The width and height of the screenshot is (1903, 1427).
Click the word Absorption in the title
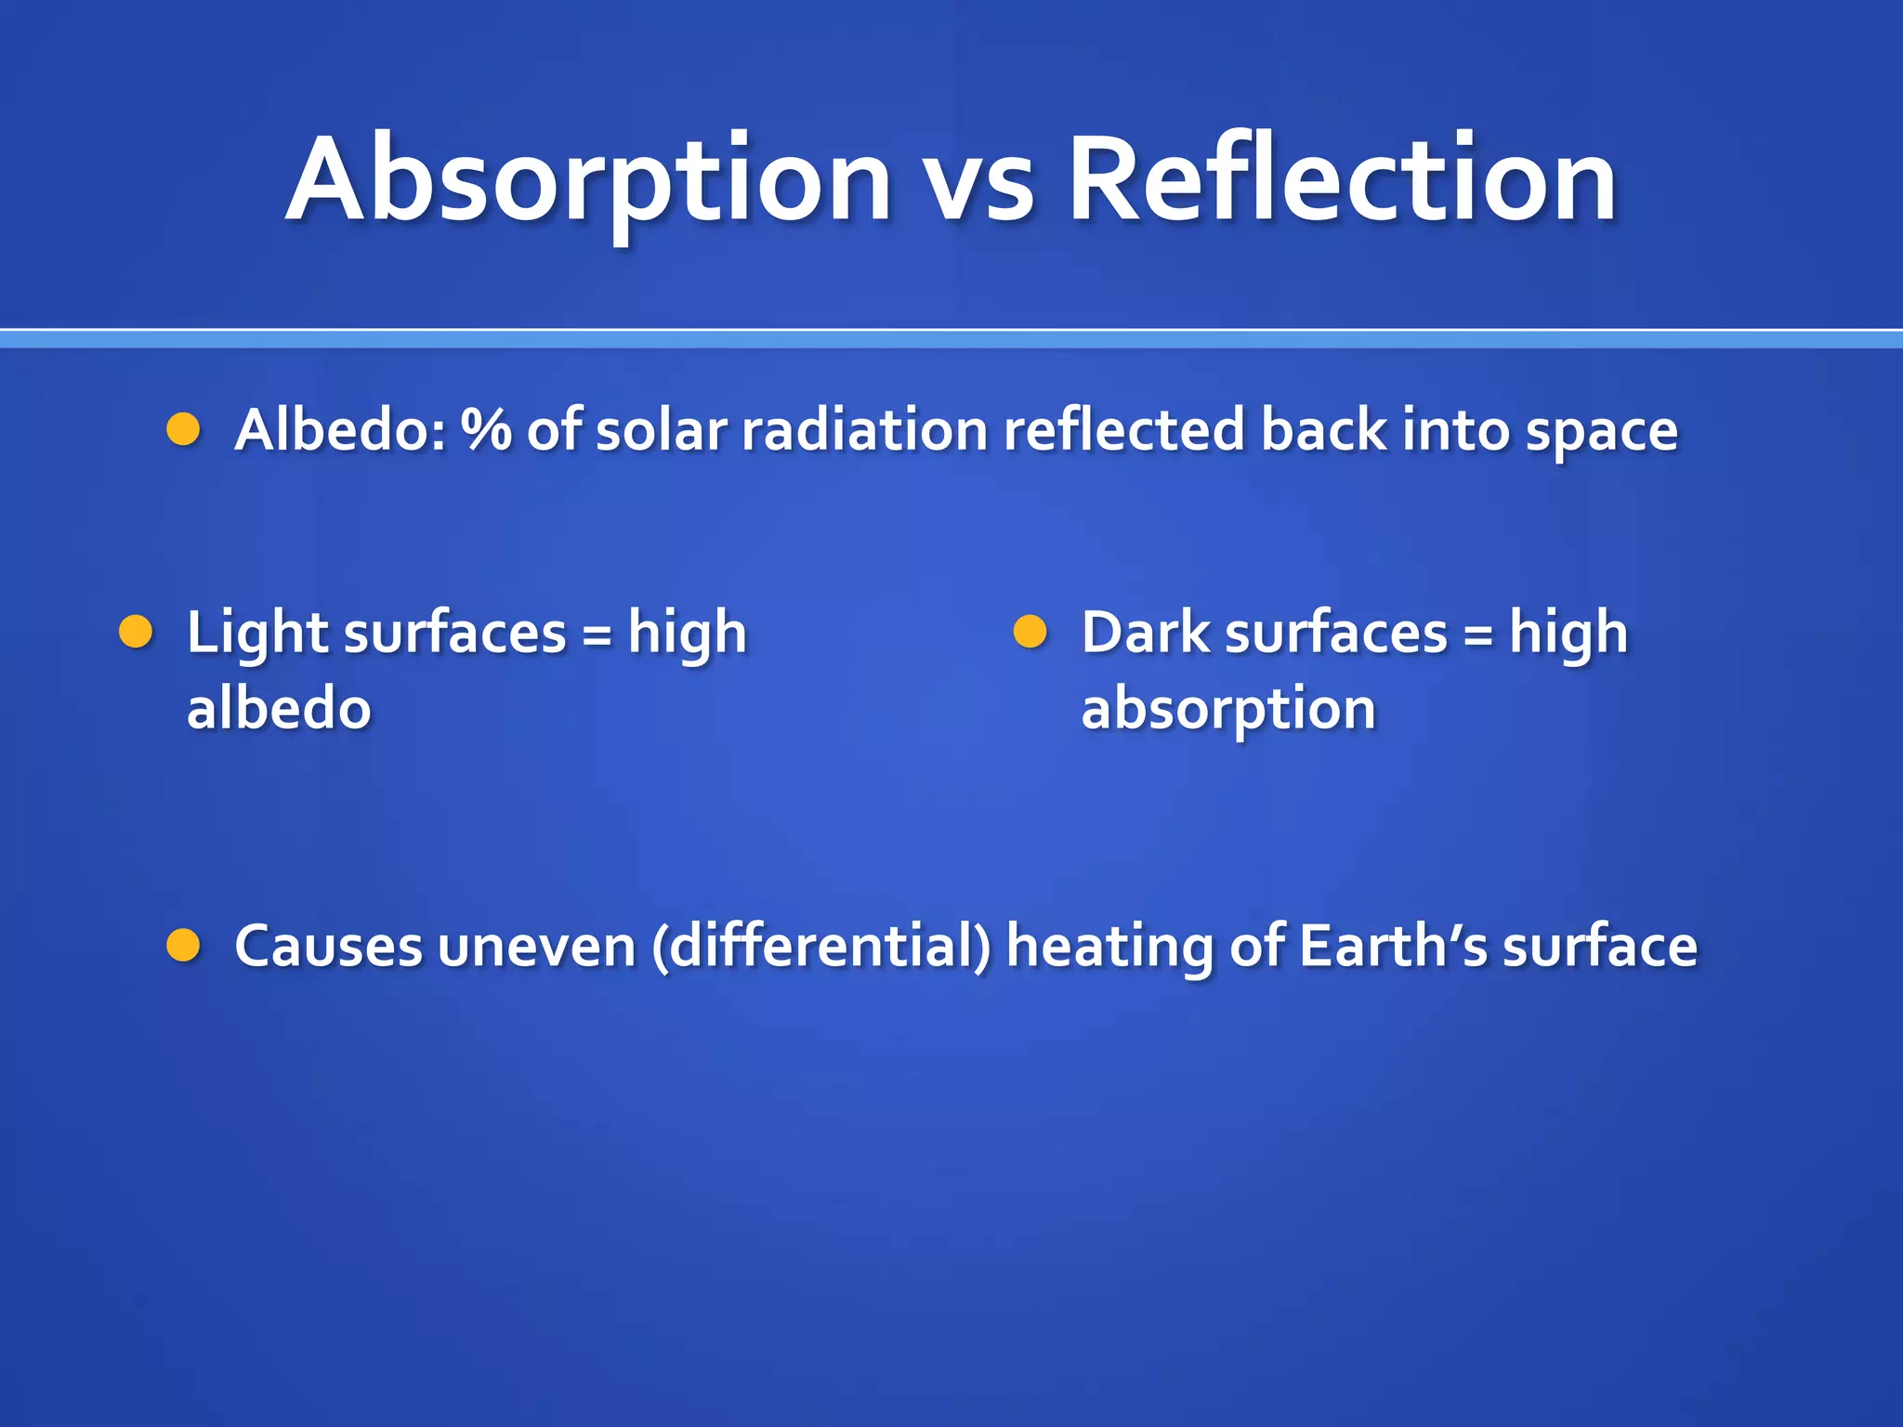589,181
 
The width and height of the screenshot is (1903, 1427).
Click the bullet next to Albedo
183,429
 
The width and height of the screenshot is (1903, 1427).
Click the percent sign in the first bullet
486,430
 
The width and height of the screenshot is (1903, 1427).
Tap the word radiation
864,430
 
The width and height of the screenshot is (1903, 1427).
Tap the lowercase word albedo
279,709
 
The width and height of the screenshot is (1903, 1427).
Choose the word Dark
1144,633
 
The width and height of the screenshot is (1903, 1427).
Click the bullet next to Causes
183,945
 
